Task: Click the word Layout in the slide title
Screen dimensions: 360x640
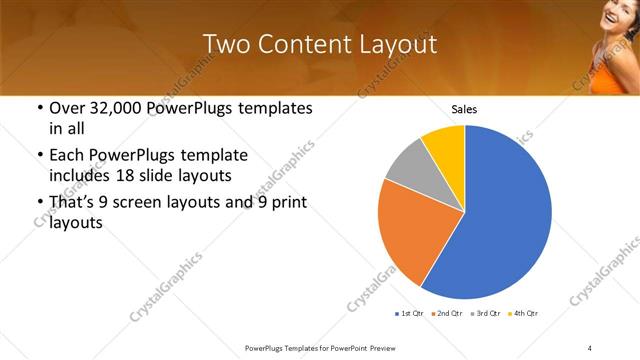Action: [x=398, y=44]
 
